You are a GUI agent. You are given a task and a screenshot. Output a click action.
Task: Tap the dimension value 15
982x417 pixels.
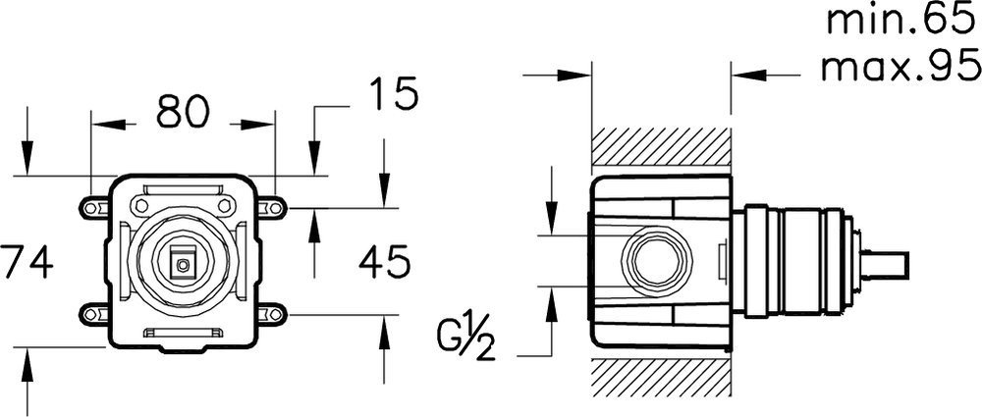click(x=394, y=95)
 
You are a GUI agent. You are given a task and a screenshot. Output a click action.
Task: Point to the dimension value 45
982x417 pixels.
click(x=379, y=262)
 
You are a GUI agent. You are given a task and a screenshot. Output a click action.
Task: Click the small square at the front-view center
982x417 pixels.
click(x=182, y=263)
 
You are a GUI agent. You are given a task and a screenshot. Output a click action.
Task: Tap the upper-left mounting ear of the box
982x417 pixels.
click(x=95, y=207)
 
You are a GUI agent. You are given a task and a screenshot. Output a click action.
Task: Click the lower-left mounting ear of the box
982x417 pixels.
click(x=95, y=315)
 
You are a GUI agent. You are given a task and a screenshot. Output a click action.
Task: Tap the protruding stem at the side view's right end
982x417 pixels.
click(x=888, y=261)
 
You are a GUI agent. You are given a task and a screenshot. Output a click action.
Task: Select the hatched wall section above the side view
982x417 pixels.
click(x=661, y=148)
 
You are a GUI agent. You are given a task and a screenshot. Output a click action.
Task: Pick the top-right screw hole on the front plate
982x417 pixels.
click(x=226, y=204)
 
